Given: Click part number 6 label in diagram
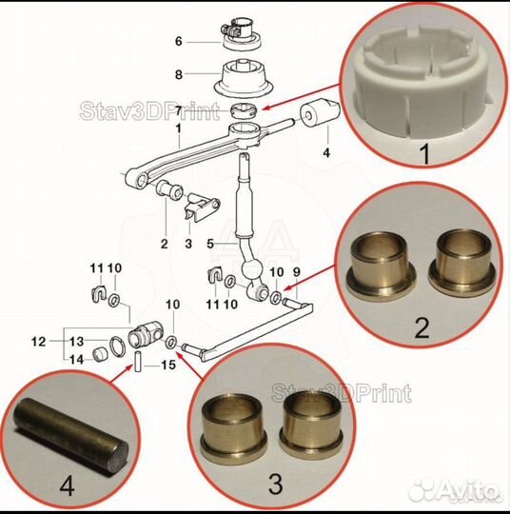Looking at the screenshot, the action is tap(179, 42).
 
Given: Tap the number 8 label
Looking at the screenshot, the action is tap(179, 74).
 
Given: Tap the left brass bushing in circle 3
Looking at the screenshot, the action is tap(234, 426).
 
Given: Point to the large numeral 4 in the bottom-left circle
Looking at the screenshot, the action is tap(67, 487).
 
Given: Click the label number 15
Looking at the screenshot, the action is tap(168, 365).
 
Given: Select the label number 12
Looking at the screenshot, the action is tap(38, 342).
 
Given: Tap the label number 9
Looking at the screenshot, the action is tap(296, 271).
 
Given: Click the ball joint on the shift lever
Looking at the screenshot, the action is tap(252, 269).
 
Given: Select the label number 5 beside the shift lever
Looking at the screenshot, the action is tap(210, 244).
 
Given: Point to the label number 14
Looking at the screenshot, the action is tap(76, 360).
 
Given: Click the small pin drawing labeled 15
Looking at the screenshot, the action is tap(138, 361).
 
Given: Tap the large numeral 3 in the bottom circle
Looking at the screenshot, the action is tap(276, 484).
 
